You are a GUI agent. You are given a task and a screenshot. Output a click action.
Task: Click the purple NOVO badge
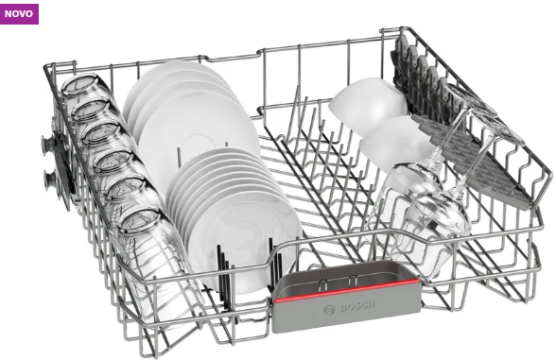coord(19,14)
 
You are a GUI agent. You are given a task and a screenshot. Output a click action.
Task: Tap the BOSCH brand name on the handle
coord(357,306)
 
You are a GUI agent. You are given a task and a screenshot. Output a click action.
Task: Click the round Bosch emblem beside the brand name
coord(329,310)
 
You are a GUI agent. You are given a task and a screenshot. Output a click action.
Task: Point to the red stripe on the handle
coord(346,291)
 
